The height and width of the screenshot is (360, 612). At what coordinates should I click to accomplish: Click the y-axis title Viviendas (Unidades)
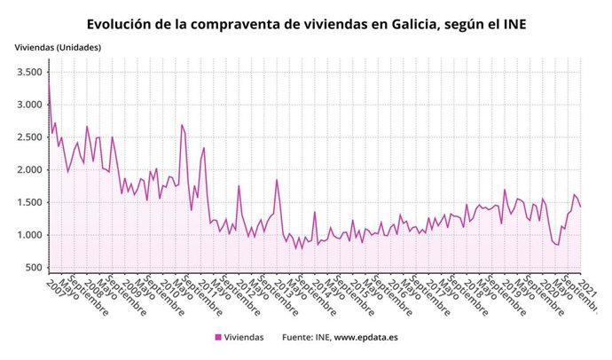(57, 47)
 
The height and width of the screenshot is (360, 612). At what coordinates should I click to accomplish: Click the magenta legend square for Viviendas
(218, 338)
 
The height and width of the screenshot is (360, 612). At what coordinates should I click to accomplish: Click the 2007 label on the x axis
(55, 285)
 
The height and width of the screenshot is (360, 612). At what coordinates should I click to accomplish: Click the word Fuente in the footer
(299, 338)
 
